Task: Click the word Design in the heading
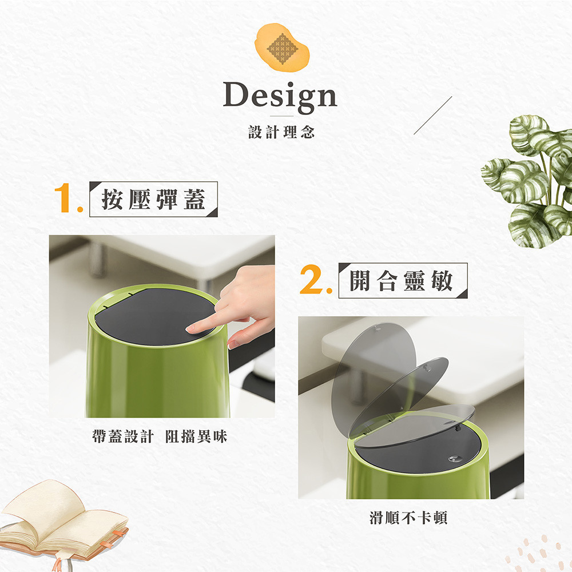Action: (280, 96)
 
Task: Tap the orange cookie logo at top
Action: (281, 47)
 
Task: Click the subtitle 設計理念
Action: (281, 132)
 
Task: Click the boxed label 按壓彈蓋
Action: (153, 199)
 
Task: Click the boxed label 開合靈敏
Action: (403, 280)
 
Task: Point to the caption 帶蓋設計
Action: (122, 436)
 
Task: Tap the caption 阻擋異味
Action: (196, 436)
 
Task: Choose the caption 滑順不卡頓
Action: (408, 518)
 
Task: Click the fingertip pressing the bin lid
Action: (191, 328)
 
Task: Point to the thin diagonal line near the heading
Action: (432, 116)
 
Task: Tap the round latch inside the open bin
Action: (454, 459)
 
